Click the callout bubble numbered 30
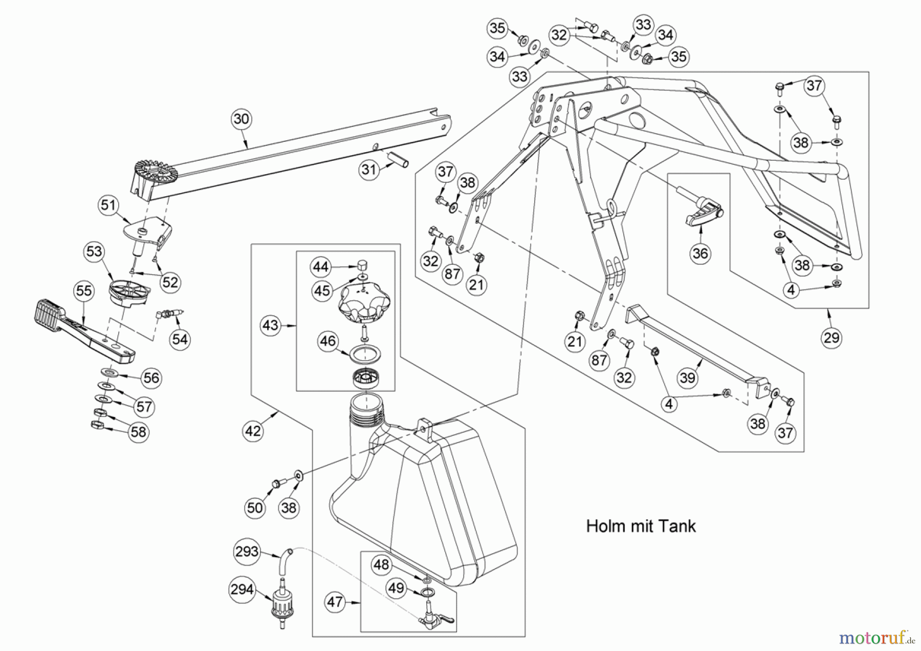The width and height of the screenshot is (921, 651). (241, 119)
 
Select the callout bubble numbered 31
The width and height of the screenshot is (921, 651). (369, 170)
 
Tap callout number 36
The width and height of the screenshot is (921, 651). (700, 253)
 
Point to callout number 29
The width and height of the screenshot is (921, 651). (831, 338)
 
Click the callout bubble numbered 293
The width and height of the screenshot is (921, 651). (247, 552)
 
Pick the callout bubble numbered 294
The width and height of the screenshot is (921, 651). (242, 590)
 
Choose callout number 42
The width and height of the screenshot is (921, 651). (253, 431)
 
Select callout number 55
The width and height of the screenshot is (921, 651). (84, 291)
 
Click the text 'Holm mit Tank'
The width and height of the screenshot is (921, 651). (641, 526)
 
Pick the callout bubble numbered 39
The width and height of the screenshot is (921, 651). (688, 378)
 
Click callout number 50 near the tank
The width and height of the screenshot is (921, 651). (255, 508)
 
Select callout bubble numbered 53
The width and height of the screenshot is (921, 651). (94, 251)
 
